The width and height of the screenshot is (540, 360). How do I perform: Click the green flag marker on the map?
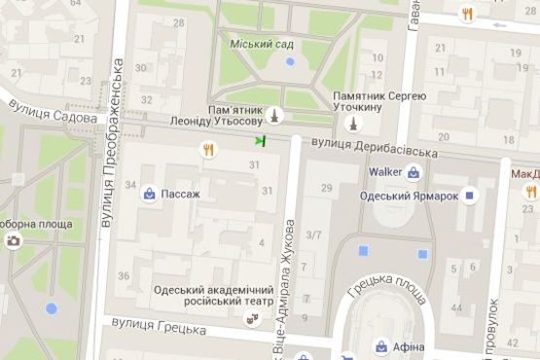260,142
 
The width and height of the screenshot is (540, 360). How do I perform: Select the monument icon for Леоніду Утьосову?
275,115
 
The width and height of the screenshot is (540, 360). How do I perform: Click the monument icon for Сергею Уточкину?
354,124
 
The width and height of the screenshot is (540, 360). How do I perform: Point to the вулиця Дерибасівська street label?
370,148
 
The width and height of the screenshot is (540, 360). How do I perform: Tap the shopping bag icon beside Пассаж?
148,193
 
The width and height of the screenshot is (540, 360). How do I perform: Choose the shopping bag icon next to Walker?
414,173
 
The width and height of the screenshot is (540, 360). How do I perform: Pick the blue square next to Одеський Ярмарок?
470,195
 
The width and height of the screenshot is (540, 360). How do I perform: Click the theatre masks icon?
251,316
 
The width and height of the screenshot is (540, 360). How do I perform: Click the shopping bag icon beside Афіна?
380,345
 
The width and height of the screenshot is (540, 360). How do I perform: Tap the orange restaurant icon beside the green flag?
208,149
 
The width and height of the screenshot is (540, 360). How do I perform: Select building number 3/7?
313,234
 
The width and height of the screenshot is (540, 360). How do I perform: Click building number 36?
124,276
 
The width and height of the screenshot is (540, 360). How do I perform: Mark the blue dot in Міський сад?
289,62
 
